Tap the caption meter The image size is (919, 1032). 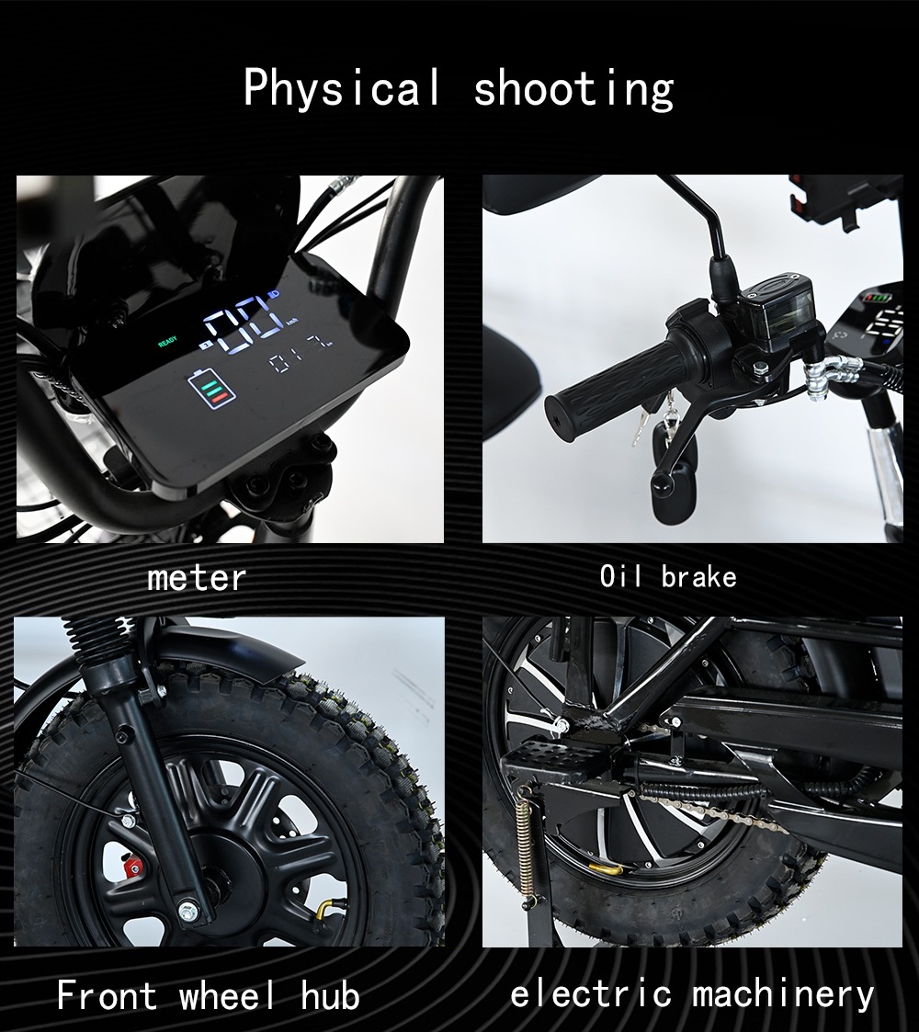[x=196, y=578]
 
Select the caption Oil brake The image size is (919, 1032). [x=667, y=576]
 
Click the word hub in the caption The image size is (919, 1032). [x=331, y=994]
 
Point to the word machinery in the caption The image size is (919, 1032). [x=783, y=994]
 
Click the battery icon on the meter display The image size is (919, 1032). [x=210, y=389]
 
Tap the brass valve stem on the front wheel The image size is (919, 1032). [x=323, y=911]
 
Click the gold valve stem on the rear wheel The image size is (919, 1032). [x=606, y=870]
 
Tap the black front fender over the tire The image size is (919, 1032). [x=217, y=652]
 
